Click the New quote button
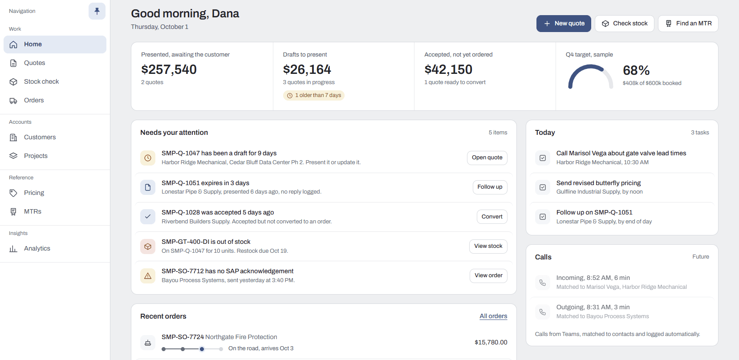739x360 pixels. [x=564, y=24]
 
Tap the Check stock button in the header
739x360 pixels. [x=625, y=24]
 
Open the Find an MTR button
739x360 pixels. [x=688, y=24]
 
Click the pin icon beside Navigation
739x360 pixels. [x=97, y=11]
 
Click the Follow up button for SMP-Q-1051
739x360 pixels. [x=490, y=187]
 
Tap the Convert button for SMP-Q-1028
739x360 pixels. [x=492, y=217]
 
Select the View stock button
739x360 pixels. [x=488, y=246]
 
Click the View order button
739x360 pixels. [x=489, y=275]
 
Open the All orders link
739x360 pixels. [x=493, y=316]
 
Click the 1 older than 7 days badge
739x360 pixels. [x=314, y=95]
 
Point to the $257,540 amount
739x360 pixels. [x=169, y=69]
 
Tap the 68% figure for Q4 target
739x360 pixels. [x=636, y=70]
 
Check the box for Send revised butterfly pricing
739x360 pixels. [x=543, y=187]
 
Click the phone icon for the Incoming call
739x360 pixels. [x=543, y=283]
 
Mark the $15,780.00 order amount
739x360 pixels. [x=491, y=342]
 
